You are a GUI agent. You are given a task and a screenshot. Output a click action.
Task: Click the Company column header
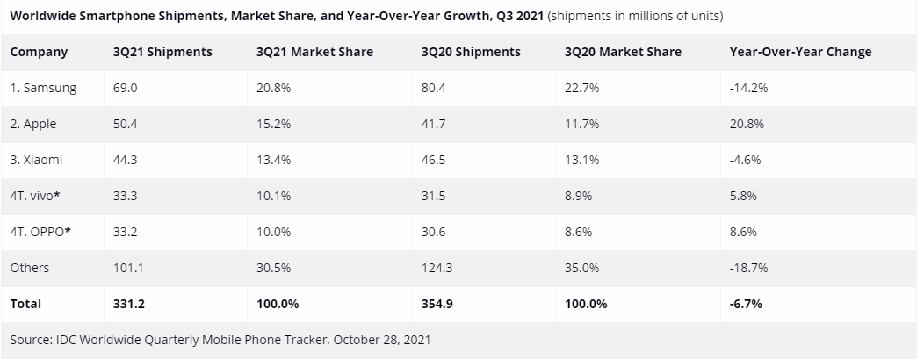39,52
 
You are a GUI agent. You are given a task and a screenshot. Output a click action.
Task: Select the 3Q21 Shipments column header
162,52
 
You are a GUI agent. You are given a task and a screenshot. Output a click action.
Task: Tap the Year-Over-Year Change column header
800,52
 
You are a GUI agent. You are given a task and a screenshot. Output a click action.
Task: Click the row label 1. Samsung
43,88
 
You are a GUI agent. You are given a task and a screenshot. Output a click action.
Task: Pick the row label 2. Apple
33,124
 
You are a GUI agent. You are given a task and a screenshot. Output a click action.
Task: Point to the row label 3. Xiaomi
36,160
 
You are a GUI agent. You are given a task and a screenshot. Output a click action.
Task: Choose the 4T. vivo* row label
35,196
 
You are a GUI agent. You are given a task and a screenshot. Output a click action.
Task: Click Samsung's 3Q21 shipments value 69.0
125,88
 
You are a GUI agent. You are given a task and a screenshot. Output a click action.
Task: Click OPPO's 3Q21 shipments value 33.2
125,232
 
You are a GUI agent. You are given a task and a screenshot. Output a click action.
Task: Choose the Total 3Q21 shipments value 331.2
128,304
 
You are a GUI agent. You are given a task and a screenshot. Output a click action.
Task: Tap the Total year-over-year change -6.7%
745,304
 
